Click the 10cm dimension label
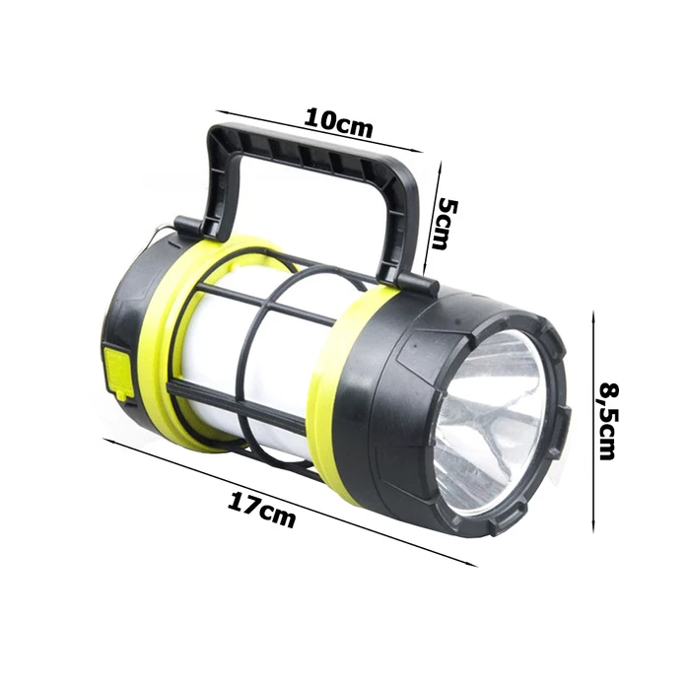[338, 123]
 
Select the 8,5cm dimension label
[608, 421]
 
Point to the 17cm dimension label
[261, 510]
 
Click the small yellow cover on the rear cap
[119, 371]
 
